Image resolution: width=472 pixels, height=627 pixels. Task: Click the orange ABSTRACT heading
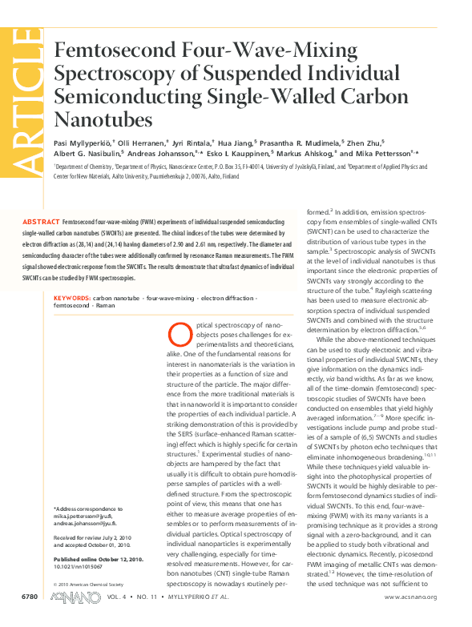40,220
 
